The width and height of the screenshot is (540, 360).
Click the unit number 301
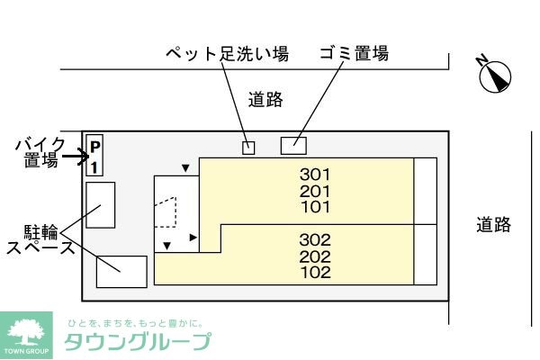point(315,175)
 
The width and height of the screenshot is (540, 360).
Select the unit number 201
point(315,191)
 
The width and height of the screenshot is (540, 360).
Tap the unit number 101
point(316,207)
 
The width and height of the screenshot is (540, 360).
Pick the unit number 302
point(315,239)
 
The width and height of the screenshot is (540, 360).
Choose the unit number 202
point(315,256)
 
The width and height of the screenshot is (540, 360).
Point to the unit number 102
point(316,272)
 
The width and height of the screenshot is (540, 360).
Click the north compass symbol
point(494,76)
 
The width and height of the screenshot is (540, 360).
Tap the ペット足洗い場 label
point(227,54)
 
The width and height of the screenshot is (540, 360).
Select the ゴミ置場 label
point(355,53)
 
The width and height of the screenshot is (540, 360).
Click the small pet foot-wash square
point(248,148)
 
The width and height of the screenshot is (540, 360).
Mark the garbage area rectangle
point(293,146)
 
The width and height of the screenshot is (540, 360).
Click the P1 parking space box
point(94,155)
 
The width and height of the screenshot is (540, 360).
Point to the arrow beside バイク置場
point(76,157)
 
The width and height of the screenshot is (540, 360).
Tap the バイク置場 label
point(40,153)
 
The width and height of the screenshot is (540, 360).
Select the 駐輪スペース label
point(40,239)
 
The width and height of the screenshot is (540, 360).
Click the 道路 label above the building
point(265,100)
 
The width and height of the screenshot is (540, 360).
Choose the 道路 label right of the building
point(493,225)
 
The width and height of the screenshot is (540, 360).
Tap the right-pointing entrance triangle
point(193,238)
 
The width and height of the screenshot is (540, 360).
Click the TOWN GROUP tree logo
point(26,335)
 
